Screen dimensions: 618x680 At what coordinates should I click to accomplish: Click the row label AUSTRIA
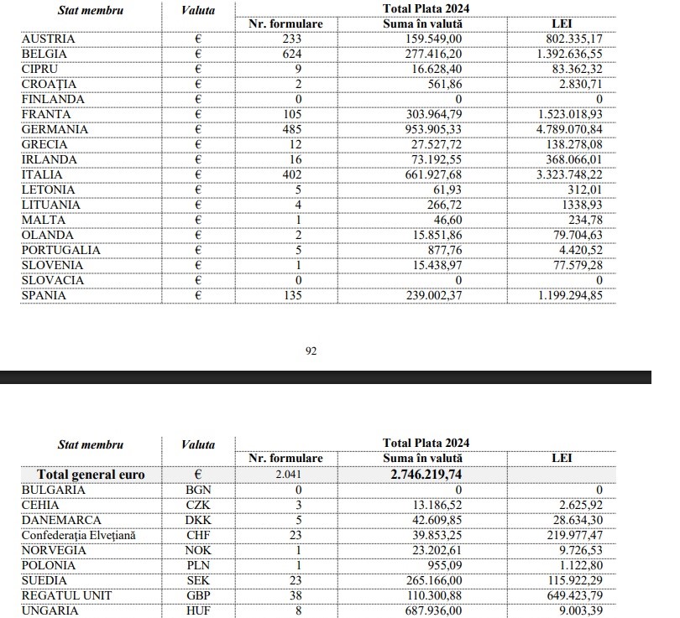click(48, 39)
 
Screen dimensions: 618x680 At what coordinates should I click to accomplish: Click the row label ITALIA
click(44, 174)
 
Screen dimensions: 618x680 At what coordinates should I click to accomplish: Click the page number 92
click(310, 351)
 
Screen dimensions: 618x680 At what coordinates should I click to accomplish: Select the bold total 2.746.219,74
click(426, 475)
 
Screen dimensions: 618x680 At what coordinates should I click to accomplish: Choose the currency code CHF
click(197, 535)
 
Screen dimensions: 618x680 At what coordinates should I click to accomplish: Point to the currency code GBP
click(197, 595)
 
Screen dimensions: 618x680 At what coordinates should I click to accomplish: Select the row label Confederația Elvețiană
click(78, 535)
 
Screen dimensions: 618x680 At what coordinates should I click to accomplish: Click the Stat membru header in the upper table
click(91, 11)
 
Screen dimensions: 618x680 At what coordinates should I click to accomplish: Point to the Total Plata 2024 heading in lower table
click(426, 443)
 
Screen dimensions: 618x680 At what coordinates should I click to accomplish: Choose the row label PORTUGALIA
click(61, 250)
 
